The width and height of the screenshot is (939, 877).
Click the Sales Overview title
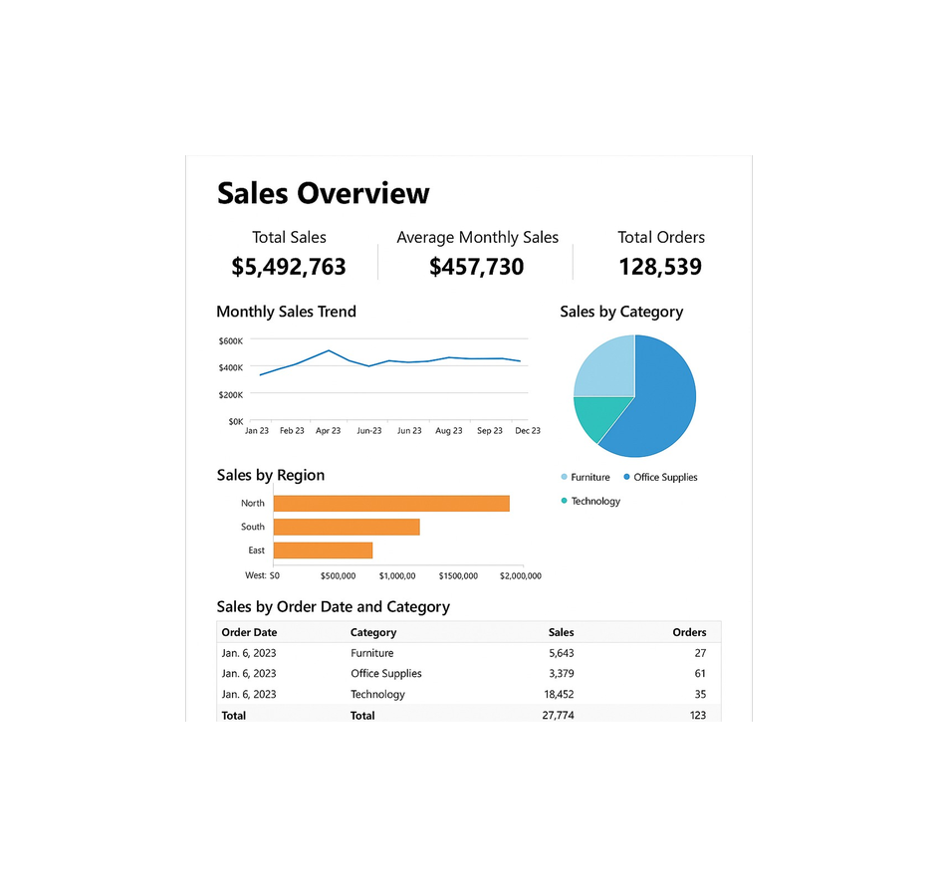[323, 193]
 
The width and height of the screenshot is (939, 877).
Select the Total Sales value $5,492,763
[289, 267]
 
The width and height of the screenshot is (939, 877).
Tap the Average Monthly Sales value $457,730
[477, 267]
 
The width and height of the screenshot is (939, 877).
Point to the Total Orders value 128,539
[660, 267]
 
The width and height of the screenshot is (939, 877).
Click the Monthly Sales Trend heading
[286, 312]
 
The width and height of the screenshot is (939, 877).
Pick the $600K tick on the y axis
[230, 341]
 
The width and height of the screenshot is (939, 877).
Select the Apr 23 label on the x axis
[328, 431]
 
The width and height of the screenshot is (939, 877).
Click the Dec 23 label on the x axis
[527, 431]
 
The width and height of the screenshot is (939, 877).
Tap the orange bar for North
[391, 504]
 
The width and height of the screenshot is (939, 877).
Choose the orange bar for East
[323, 550]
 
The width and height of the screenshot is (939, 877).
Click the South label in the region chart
[253, 527]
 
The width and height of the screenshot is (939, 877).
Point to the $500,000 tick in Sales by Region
[338, 575]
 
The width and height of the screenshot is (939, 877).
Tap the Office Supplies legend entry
[664, 478]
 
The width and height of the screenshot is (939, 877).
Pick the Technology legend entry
[594, 502]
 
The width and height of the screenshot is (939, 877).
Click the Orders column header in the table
[689, 632]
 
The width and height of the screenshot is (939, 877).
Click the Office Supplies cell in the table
[386, 674]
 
